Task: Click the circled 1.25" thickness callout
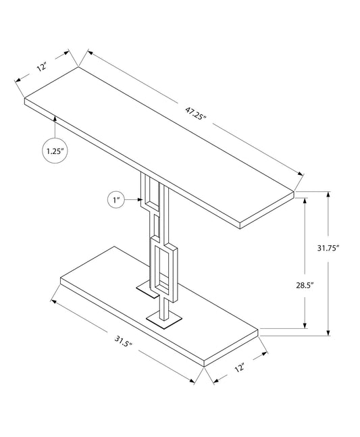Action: [x=55, y=151]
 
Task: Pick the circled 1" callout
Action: [x=116, y=200]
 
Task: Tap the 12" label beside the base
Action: [x=238, y=369]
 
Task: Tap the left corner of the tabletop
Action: [x=25, y=101]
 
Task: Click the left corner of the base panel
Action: [x=61, y=279]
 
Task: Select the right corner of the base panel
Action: [x=259, y=332]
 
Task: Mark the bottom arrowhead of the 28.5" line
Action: [x=307, y=323]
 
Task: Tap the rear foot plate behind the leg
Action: [x=145, y=288]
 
